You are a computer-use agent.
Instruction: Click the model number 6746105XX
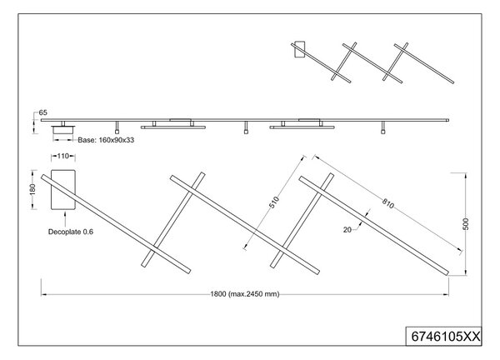[x=446, y=337]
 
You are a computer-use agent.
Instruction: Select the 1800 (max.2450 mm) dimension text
[x=245, y=294]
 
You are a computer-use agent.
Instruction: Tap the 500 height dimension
[x=466, y=224]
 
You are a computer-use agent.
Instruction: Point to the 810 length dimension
[x=388, y=203]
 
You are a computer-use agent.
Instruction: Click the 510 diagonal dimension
[x=274, y=202]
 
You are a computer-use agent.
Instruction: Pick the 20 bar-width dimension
[x=347, y=230]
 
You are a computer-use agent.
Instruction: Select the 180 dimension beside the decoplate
[x=32, y=190]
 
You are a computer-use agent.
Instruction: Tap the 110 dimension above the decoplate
[x=62, y=156]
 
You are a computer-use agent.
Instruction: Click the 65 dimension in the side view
[x=42, y=112]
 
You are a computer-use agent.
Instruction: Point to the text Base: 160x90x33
[x=106, y=140]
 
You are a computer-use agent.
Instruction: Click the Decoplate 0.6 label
[x=71, y=232]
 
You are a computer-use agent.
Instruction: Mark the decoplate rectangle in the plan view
[x=63, y=190]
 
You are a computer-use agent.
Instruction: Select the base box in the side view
[x=63, y=130]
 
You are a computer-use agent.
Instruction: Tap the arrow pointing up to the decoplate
[x=65, y=219]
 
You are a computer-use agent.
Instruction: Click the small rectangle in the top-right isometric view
[x=300, y=49]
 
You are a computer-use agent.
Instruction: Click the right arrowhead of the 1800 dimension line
[x=446, y=294]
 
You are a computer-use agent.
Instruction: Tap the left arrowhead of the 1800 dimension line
[x=43, y=294]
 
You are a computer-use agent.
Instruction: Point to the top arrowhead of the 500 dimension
[x=466, y=175]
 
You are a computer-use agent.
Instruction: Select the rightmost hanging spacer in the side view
[x=383, y=127]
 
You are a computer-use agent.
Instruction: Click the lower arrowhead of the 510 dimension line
[x=245, y=246]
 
